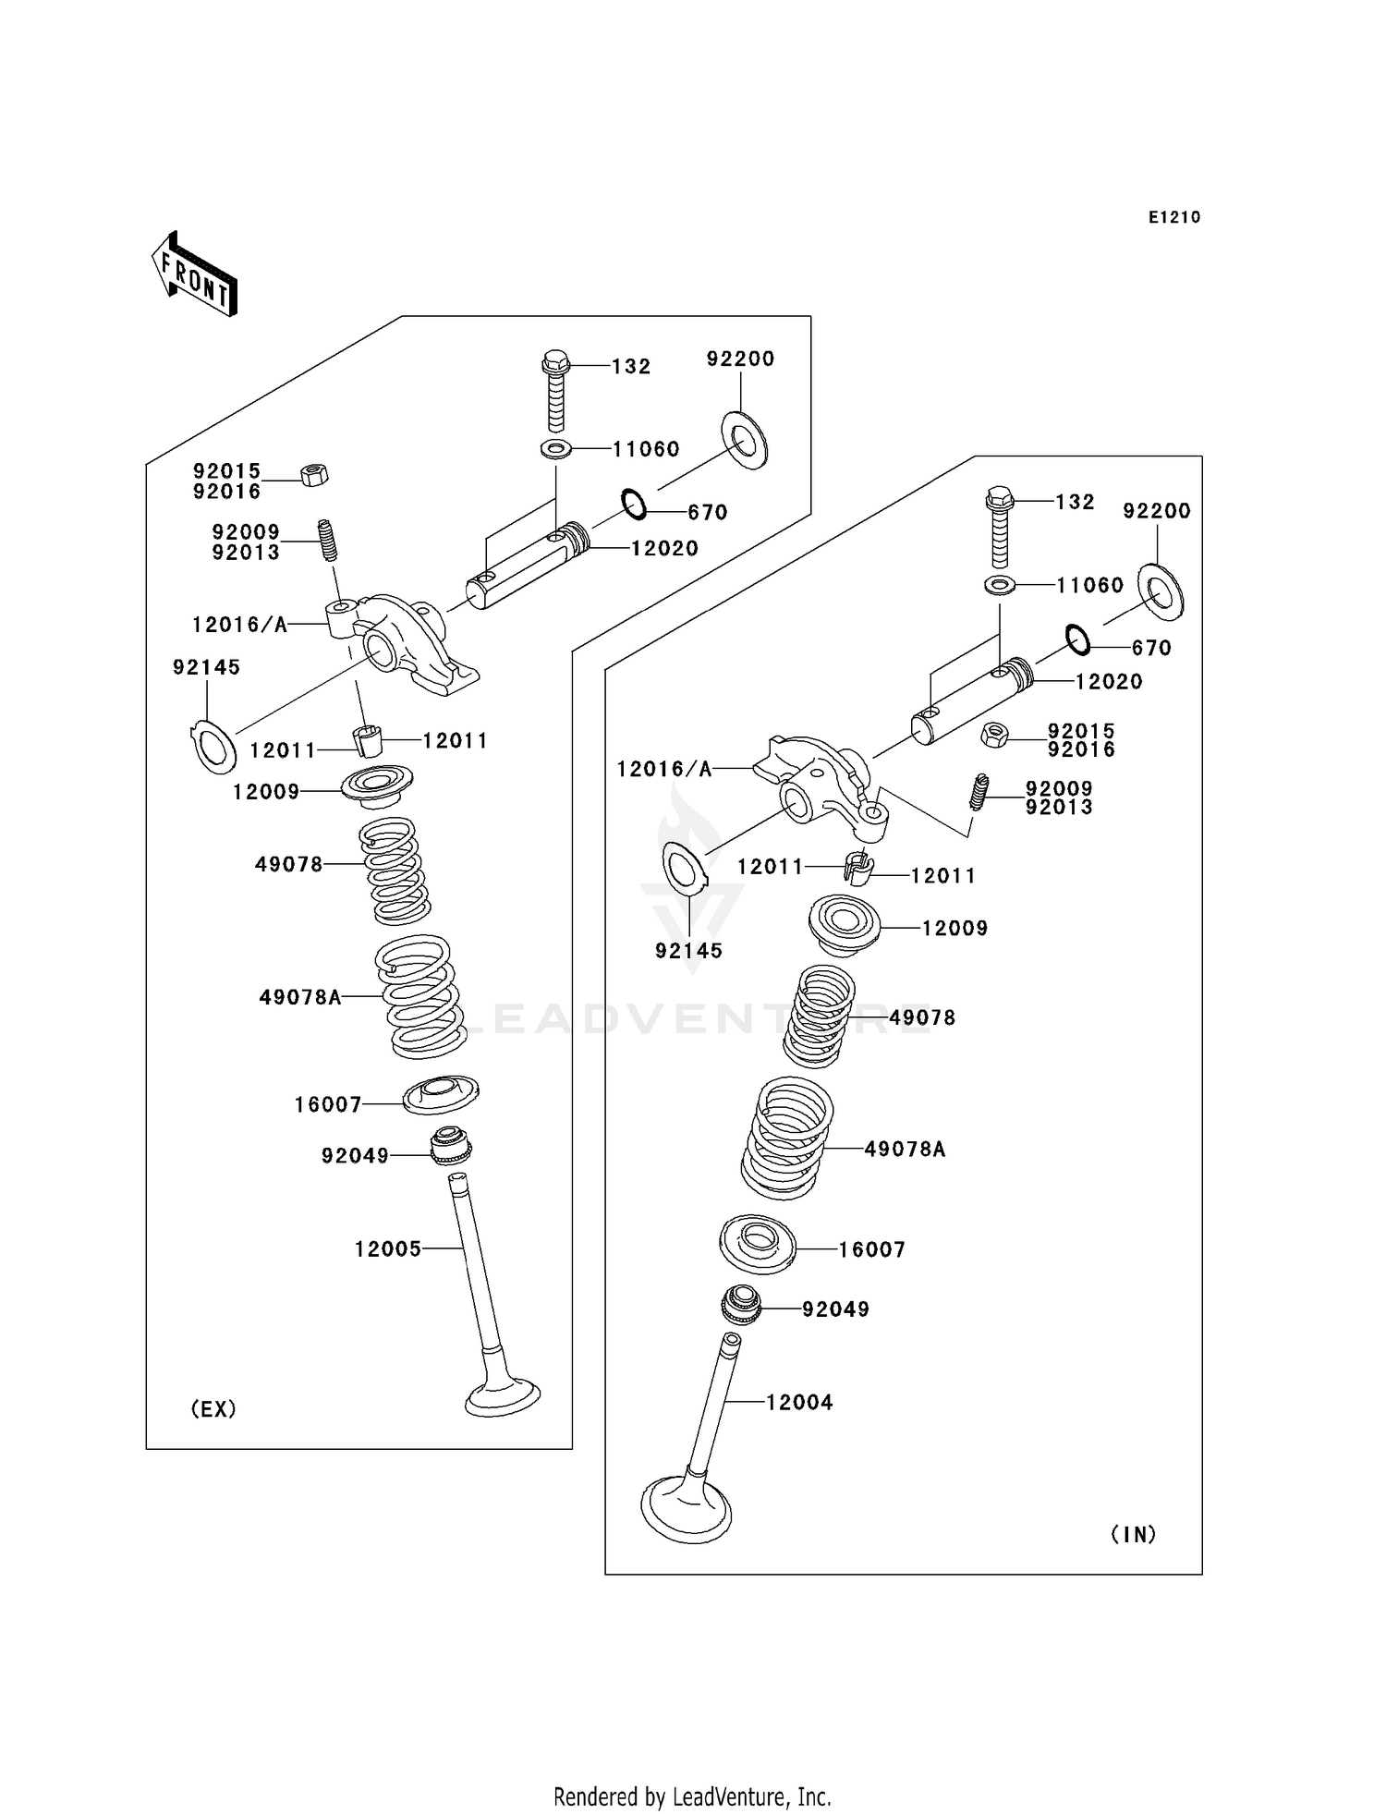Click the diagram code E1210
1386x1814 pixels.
[x=1173, y=217]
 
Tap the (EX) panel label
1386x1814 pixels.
[x=213, y=1408]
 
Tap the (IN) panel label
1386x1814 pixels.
[x=1133, y=1534]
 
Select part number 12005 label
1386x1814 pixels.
[x=388, y=1249]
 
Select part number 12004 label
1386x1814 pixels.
[x=799, y=1402]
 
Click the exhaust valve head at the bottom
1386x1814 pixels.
[x=503, y=1396]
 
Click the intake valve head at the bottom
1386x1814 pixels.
[x=686, y=1512]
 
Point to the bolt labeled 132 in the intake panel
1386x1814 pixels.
[x=1000, y=526]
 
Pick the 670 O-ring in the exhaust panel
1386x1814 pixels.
[x=634, y=505]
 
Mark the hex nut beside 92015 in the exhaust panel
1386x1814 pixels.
[x=314, y=475]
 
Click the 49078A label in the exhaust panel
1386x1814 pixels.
[x=300, y=997]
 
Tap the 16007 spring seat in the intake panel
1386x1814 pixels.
[x=757, y=1244]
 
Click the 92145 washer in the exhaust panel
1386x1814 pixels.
[x=214, y=747]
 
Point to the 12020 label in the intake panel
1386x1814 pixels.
[x=1109, y=681]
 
